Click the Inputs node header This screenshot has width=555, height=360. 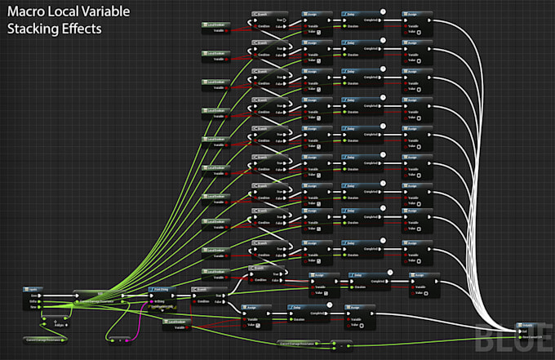click(x=36, y=290)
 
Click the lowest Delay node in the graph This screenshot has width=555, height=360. click(x=304, y=314)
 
